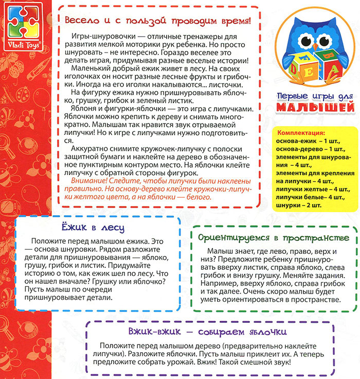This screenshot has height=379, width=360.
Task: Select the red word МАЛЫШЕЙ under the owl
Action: [x=312, y=106]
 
